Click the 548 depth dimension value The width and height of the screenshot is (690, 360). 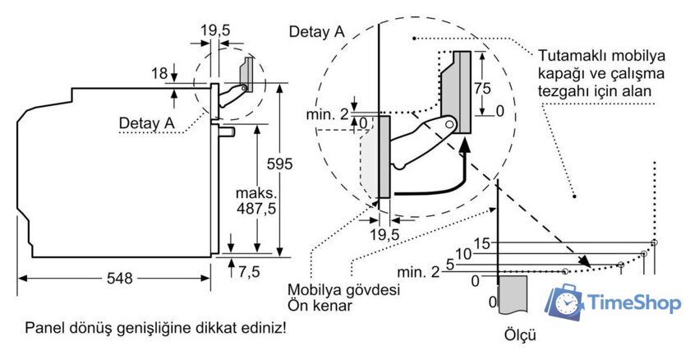119,279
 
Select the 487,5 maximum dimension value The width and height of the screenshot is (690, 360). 255,209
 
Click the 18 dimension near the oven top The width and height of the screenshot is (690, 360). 159,73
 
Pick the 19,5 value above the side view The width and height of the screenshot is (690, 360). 216,30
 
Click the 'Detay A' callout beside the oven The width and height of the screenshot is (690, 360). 147,123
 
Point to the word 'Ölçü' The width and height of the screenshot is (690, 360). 522,335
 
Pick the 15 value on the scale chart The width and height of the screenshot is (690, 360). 483,242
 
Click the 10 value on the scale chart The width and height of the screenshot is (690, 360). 463,254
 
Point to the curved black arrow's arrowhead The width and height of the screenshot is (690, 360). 465,145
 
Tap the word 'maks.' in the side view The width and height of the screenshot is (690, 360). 256,194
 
